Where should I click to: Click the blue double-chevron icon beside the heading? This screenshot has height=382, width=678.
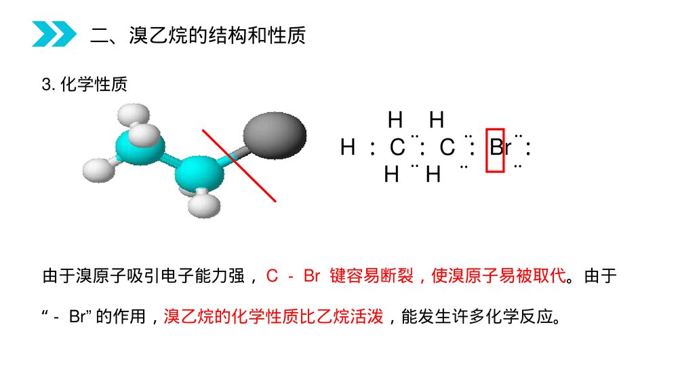click(54, 34)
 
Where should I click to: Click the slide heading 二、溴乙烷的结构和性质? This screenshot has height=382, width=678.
click(198, 35)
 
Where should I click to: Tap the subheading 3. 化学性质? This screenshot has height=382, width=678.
click(85, 84)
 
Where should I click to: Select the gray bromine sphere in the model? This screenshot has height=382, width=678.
click(275, 136)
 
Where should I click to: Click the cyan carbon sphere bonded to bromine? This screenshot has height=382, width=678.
click(199, 174)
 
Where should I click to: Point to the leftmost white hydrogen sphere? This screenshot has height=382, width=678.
click(99, 170)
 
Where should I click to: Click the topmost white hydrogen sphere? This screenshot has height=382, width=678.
click(134, 115)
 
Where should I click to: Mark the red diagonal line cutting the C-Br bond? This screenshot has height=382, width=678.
click(239, 166)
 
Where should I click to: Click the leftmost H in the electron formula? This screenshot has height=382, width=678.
click(348, 147)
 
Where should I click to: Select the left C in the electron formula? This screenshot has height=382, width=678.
click(397, 147)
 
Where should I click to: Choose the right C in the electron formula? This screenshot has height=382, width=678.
click(447, 147)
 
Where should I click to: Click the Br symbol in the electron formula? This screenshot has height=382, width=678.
click(500, 147)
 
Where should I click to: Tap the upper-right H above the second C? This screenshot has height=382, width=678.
click(437, 120)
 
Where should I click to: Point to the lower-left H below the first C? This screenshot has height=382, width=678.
click(391, 175)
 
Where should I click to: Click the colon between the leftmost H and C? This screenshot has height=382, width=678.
click(373, 148)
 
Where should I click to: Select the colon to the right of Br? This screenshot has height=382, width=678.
click(528, 148)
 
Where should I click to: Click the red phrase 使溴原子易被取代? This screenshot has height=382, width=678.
click(498, 275)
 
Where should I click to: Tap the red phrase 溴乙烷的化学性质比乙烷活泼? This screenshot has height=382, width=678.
click(273, 317)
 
